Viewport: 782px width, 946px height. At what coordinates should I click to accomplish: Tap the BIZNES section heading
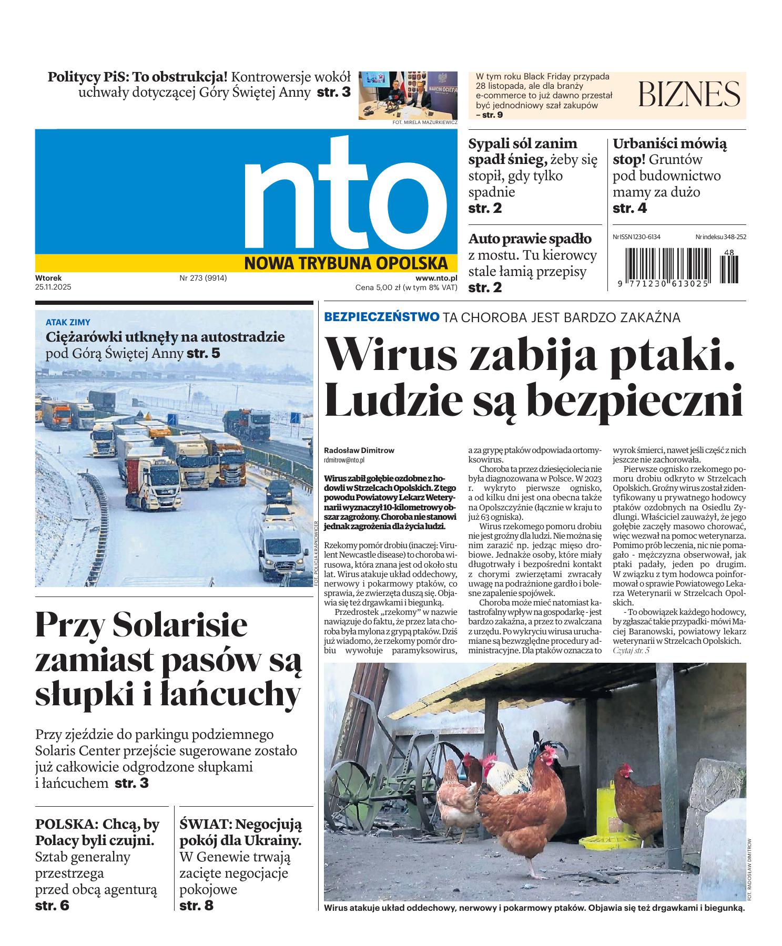coord(689,95)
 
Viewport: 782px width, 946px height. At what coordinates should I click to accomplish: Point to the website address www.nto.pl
coord(436,278)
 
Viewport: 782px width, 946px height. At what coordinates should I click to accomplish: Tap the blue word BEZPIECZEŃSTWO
coord(382,317)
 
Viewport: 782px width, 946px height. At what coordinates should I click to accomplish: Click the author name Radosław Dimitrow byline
coord(359,450)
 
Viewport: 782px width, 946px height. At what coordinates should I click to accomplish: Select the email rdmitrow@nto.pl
coord(344,459)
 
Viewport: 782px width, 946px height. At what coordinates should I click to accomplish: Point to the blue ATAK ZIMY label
coord(68,322)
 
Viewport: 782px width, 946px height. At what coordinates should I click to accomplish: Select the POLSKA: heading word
coord(67,824)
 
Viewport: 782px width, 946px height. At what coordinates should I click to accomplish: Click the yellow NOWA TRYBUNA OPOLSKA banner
coord(346,263)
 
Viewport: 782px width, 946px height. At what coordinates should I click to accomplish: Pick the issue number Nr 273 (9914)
coord(203,278)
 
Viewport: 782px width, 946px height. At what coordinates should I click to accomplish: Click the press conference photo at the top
coord(408,95)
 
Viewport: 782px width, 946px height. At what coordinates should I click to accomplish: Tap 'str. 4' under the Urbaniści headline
coord(629,209)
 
